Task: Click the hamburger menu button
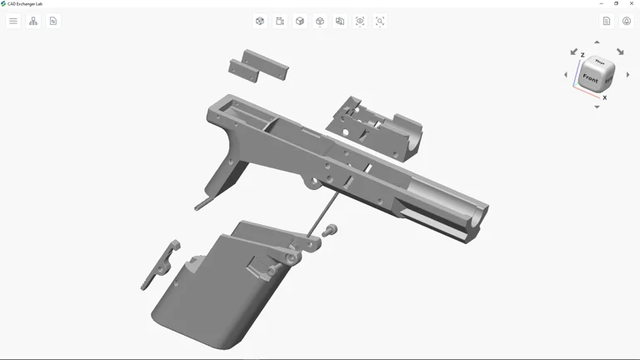[x=13, y=21]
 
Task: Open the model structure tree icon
[x=33, y=21]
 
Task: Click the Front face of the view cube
[x=590, y=79]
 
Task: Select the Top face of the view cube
[x=600, y=63]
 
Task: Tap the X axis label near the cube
[x=604, y=97]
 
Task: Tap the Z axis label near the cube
[x=582, y=55]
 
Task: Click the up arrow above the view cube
[x=597, y=42]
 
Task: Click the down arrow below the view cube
[x=597, y=107]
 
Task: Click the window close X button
[x=631, y=3]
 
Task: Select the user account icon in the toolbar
[x=627, y=21]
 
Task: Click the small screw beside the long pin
[x=331, y=228]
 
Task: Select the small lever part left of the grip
[x=160, y=265]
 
